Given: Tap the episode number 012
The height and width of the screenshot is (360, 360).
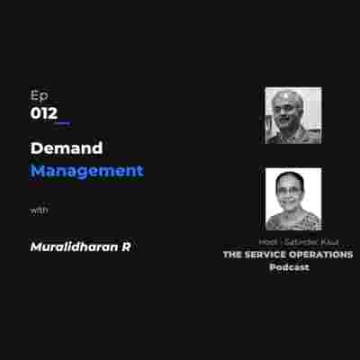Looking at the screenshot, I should tap(42, 113).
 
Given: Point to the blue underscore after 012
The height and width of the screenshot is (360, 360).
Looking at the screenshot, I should tap(62, 121).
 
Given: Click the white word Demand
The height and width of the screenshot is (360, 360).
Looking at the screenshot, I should tap(67, 148).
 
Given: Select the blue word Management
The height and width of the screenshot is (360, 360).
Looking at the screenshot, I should tap(86, 170).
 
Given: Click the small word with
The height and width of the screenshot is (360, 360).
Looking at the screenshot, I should tap(39, 211).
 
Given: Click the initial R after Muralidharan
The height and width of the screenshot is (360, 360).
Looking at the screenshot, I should tap(126, 246).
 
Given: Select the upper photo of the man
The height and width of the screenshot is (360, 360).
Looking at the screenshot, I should tap(292, 115).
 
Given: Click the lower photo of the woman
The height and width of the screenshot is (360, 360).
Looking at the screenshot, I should tap(292, 199).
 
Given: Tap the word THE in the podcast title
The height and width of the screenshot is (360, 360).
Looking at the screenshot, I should tap(233, 255).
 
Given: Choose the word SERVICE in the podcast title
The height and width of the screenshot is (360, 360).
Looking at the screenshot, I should tap(266, 255).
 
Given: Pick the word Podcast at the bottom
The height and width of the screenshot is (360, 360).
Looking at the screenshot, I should tap(288, 267).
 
